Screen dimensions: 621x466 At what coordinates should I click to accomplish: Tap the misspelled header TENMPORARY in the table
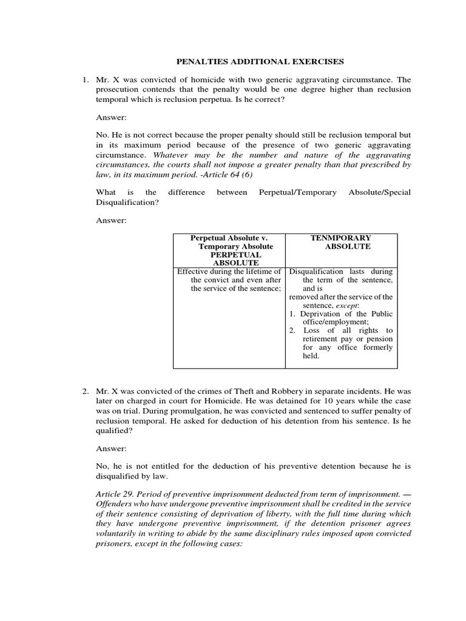pos(341,238)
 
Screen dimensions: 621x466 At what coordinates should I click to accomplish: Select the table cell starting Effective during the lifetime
pos(229,280)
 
